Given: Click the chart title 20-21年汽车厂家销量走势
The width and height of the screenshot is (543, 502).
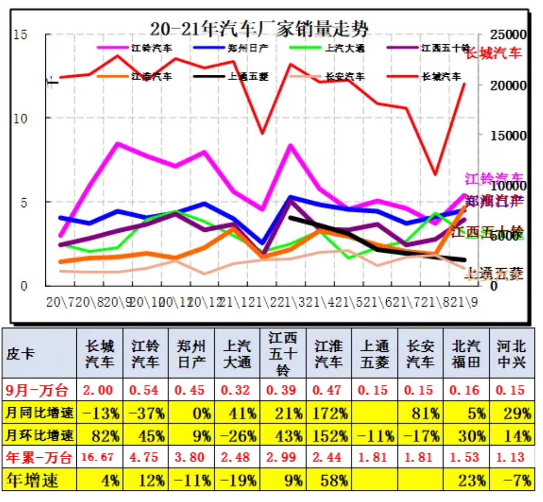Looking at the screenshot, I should pyautogui.click(x=259, y=27).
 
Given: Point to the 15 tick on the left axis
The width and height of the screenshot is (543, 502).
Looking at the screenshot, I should pyautogui.click(x=21, y=35).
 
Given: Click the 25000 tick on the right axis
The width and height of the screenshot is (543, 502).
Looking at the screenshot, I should pyautogui.click(x=507, y=35).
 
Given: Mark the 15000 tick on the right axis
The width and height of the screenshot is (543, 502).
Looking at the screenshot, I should pyautogui.click(x=507, y=135).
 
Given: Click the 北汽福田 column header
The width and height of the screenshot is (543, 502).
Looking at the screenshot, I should pyautogui.click(x=466, y=354).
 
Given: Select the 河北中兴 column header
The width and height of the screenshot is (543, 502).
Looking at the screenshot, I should pyautogui.click(x=512, y=354).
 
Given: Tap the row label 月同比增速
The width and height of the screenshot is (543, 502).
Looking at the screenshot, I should pyautogui.click(x=39, y=413).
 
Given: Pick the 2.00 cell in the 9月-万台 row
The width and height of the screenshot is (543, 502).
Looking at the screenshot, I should pyautogui.click(x=100, y=390).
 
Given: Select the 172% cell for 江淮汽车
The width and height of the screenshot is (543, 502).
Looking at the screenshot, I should pyautogui.click(x=329, y=413).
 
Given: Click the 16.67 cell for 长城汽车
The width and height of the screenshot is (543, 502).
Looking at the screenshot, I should pyautogui.click(x=100, y=457).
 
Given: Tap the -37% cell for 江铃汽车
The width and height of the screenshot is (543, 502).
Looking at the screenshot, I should pyautogui.click(x=145, y=413).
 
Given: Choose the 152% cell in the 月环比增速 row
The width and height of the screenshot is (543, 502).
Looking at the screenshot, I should pyautogui.click(x=329, y=436).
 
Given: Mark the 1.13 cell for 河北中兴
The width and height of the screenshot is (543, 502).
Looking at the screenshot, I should pyautogui.click(x=512, y=457).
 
